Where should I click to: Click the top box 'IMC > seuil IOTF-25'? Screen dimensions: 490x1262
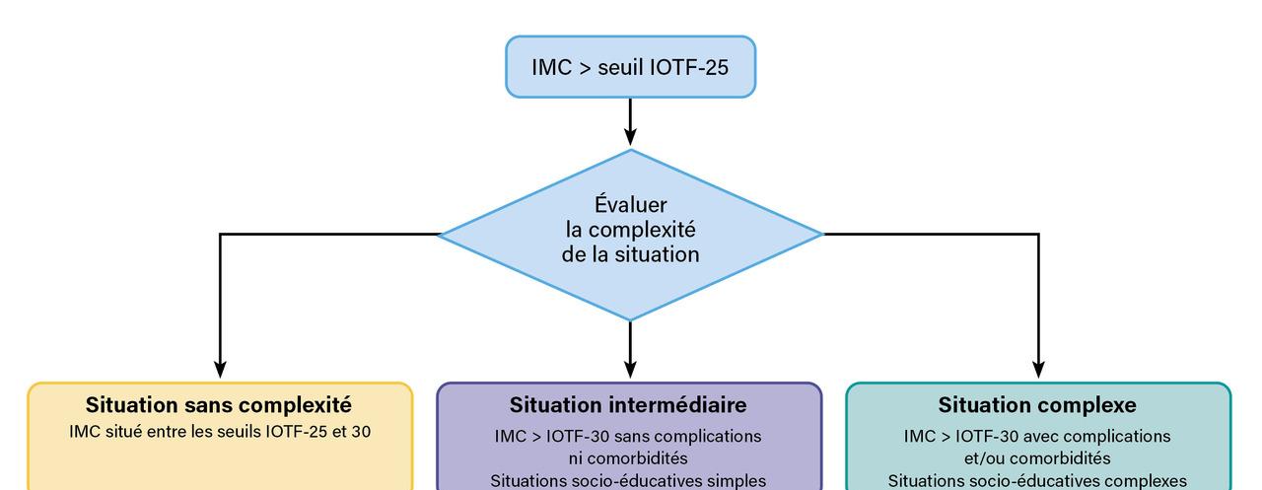630,67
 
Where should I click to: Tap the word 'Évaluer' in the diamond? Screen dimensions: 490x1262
630,205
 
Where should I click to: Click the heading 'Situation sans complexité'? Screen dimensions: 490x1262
219,405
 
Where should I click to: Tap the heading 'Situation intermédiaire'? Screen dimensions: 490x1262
628,405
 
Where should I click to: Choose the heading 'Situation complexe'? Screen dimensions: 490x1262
1037,405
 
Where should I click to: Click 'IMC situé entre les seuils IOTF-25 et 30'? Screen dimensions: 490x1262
220,431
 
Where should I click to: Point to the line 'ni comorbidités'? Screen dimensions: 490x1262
629,458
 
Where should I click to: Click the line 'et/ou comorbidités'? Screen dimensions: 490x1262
1037,458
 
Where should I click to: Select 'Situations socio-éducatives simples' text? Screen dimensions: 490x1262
629,481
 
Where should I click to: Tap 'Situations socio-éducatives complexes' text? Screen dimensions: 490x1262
1037,481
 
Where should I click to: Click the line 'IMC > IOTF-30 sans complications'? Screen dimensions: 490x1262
629,436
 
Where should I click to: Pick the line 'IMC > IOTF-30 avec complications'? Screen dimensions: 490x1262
1037,436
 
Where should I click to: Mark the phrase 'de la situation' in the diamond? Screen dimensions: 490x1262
631,254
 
